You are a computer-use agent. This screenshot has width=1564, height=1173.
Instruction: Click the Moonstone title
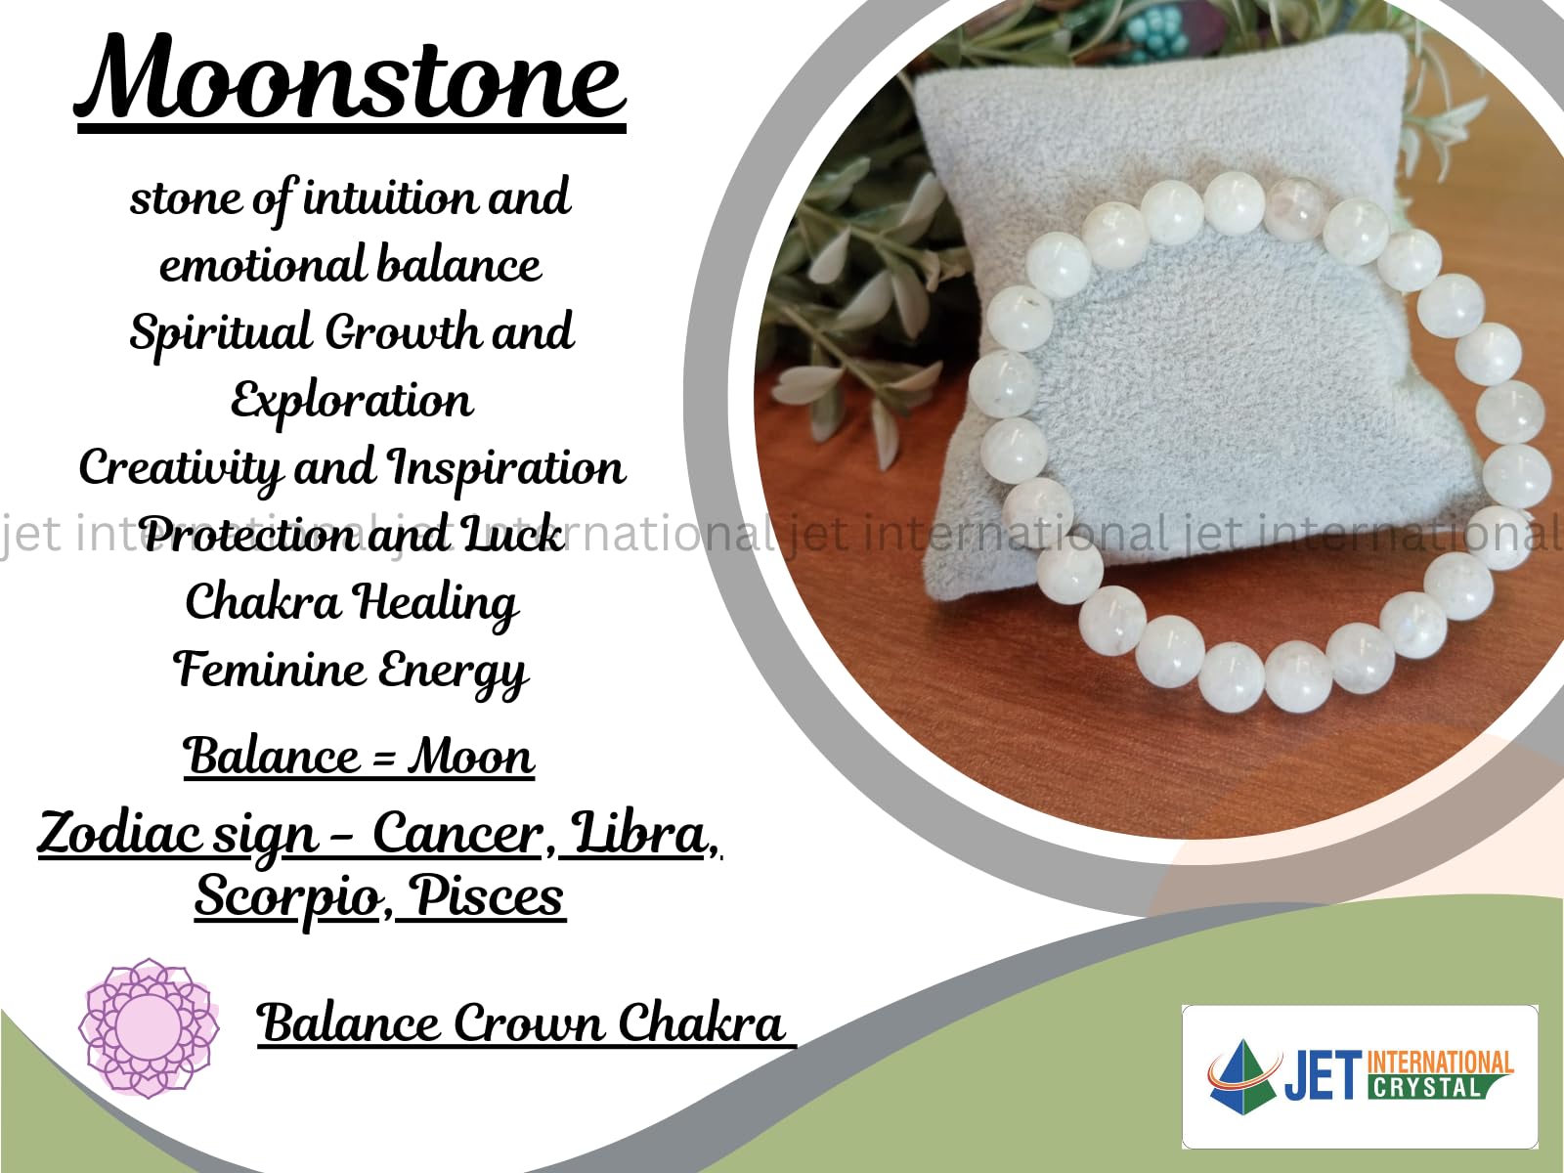(350, 77)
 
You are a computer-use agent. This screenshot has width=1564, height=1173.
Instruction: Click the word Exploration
(351, 400)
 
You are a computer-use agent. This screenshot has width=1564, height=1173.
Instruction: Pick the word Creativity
(180, 469)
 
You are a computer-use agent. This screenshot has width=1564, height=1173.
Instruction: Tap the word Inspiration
(506, 469)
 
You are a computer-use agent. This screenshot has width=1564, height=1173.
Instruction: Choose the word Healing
(435, 604)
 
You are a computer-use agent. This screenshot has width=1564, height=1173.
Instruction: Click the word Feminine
(268, 669)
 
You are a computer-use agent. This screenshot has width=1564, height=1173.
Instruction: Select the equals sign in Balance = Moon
(383, 757)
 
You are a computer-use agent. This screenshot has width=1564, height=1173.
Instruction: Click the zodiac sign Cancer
(457, 833)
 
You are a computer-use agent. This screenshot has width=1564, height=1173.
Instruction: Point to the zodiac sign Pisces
(489, 895)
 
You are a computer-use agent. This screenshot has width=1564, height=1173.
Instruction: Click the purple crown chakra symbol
(149, 1027)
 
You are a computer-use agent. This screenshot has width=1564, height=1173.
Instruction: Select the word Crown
(528, 1022)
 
